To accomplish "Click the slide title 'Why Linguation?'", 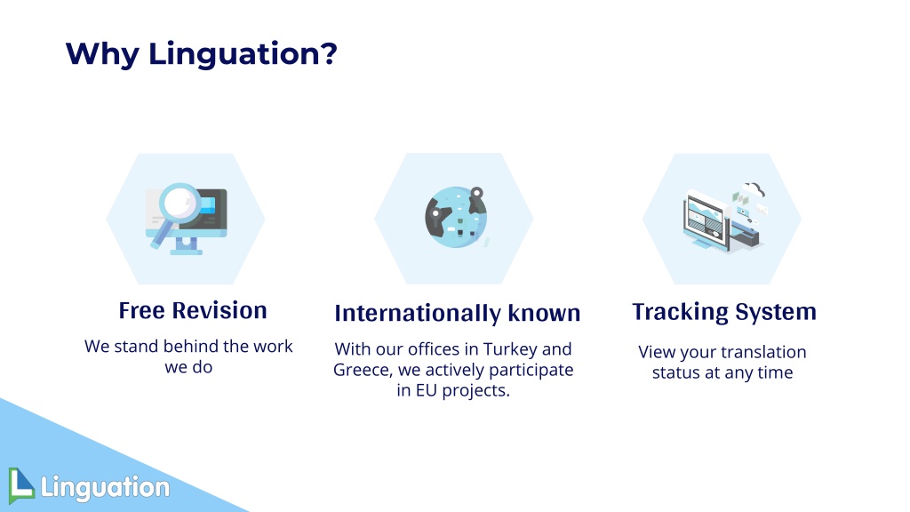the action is point(202,54).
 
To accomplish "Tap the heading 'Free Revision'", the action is point(193,310).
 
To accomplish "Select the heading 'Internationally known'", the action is point(458,314).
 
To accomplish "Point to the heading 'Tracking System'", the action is point(724,312).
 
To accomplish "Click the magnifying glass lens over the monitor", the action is point(180,204).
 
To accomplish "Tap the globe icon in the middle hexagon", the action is point(456,217).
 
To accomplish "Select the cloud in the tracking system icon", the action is point(753,188).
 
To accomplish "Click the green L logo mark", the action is point(21,485).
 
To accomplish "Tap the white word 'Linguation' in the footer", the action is point(105,486).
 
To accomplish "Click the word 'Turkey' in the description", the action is point(510,349).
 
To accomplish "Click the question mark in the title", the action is point(328,53).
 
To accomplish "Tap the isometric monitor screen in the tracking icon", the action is point(706,220).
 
